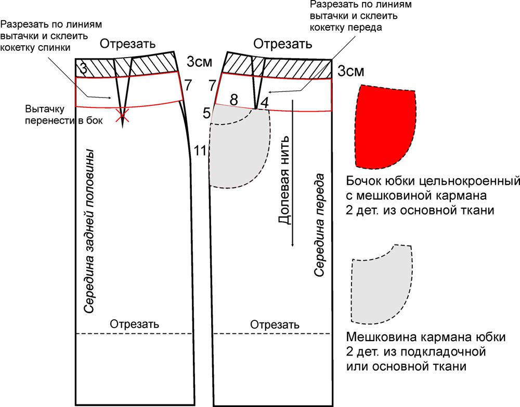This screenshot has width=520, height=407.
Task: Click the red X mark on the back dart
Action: click(x=122, y=116)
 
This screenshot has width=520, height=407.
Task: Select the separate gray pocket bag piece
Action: click(x=381, y=285)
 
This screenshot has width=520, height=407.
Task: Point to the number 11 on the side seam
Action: click(x=200, y=151)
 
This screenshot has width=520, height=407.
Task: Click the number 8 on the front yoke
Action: click(x=234, y=99)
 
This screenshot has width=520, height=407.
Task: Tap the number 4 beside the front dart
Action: click(x=264, y=102)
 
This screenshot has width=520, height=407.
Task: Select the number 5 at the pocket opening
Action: click(x=206, y=114)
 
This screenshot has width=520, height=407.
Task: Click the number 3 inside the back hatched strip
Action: click(x=84, y=69)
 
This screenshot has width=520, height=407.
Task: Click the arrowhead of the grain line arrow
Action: click(x=292, y=244)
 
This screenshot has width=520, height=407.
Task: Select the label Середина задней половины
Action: click(x=89, y=231)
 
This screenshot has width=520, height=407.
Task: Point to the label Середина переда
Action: click(x=319, y=225)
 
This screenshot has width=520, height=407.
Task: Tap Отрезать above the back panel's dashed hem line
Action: click(x=134, y=324)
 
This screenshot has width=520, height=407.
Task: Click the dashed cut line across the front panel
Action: click(x=271, y=333)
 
